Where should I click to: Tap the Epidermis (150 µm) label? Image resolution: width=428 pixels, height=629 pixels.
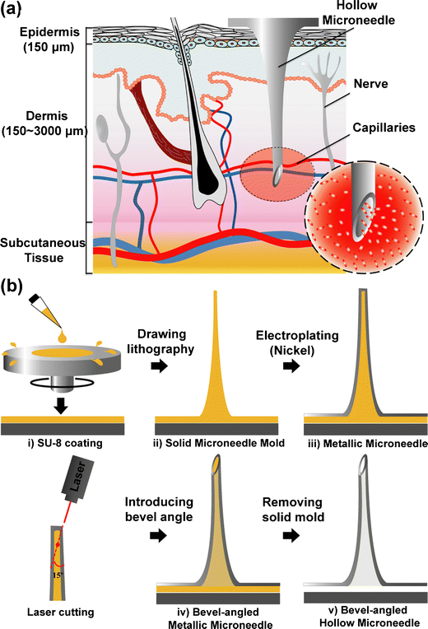click(40, 39)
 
